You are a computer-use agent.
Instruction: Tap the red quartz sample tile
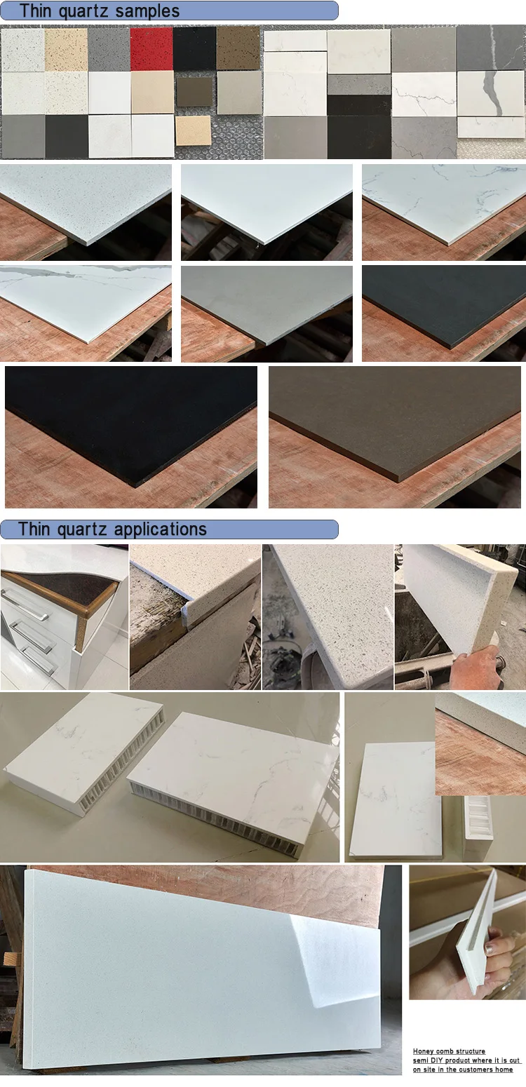tap(151, 48)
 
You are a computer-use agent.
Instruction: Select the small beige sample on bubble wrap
tap(193, 130)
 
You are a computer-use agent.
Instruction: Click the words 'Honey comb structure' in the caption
tap(449, 1051)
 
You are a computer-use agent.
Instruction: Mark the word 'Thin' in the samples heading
tap(34, 11)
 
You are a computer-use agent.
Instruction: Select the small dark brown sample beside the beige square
tap(194, 91)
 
